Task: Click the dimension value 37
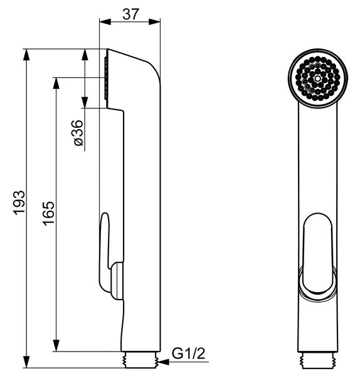point(130,14)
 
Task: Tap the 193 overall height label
point(19,202)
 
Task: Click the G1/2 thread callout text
point(188,353)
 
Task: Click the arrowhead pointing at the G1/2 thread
point(164,362)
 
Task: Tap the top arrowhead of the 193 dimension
point(26,55)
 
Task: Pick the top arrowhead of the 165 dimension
point(56,83)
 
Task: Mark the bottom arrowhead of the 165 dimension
point(56,345)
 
